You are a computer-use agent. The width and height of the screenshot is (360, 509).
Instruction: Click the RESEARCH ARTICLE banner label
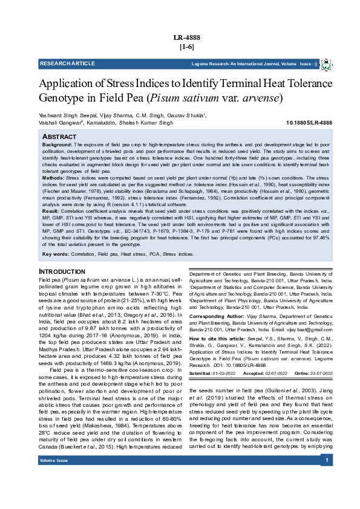tap(67, 63)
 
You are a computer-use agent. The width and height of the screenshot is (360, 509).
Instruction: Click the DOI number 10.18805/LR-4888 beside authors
tap(309, 123)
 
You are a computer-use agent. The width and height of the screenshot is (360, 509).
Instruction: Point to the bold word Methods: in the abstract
tap(53, 178)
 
